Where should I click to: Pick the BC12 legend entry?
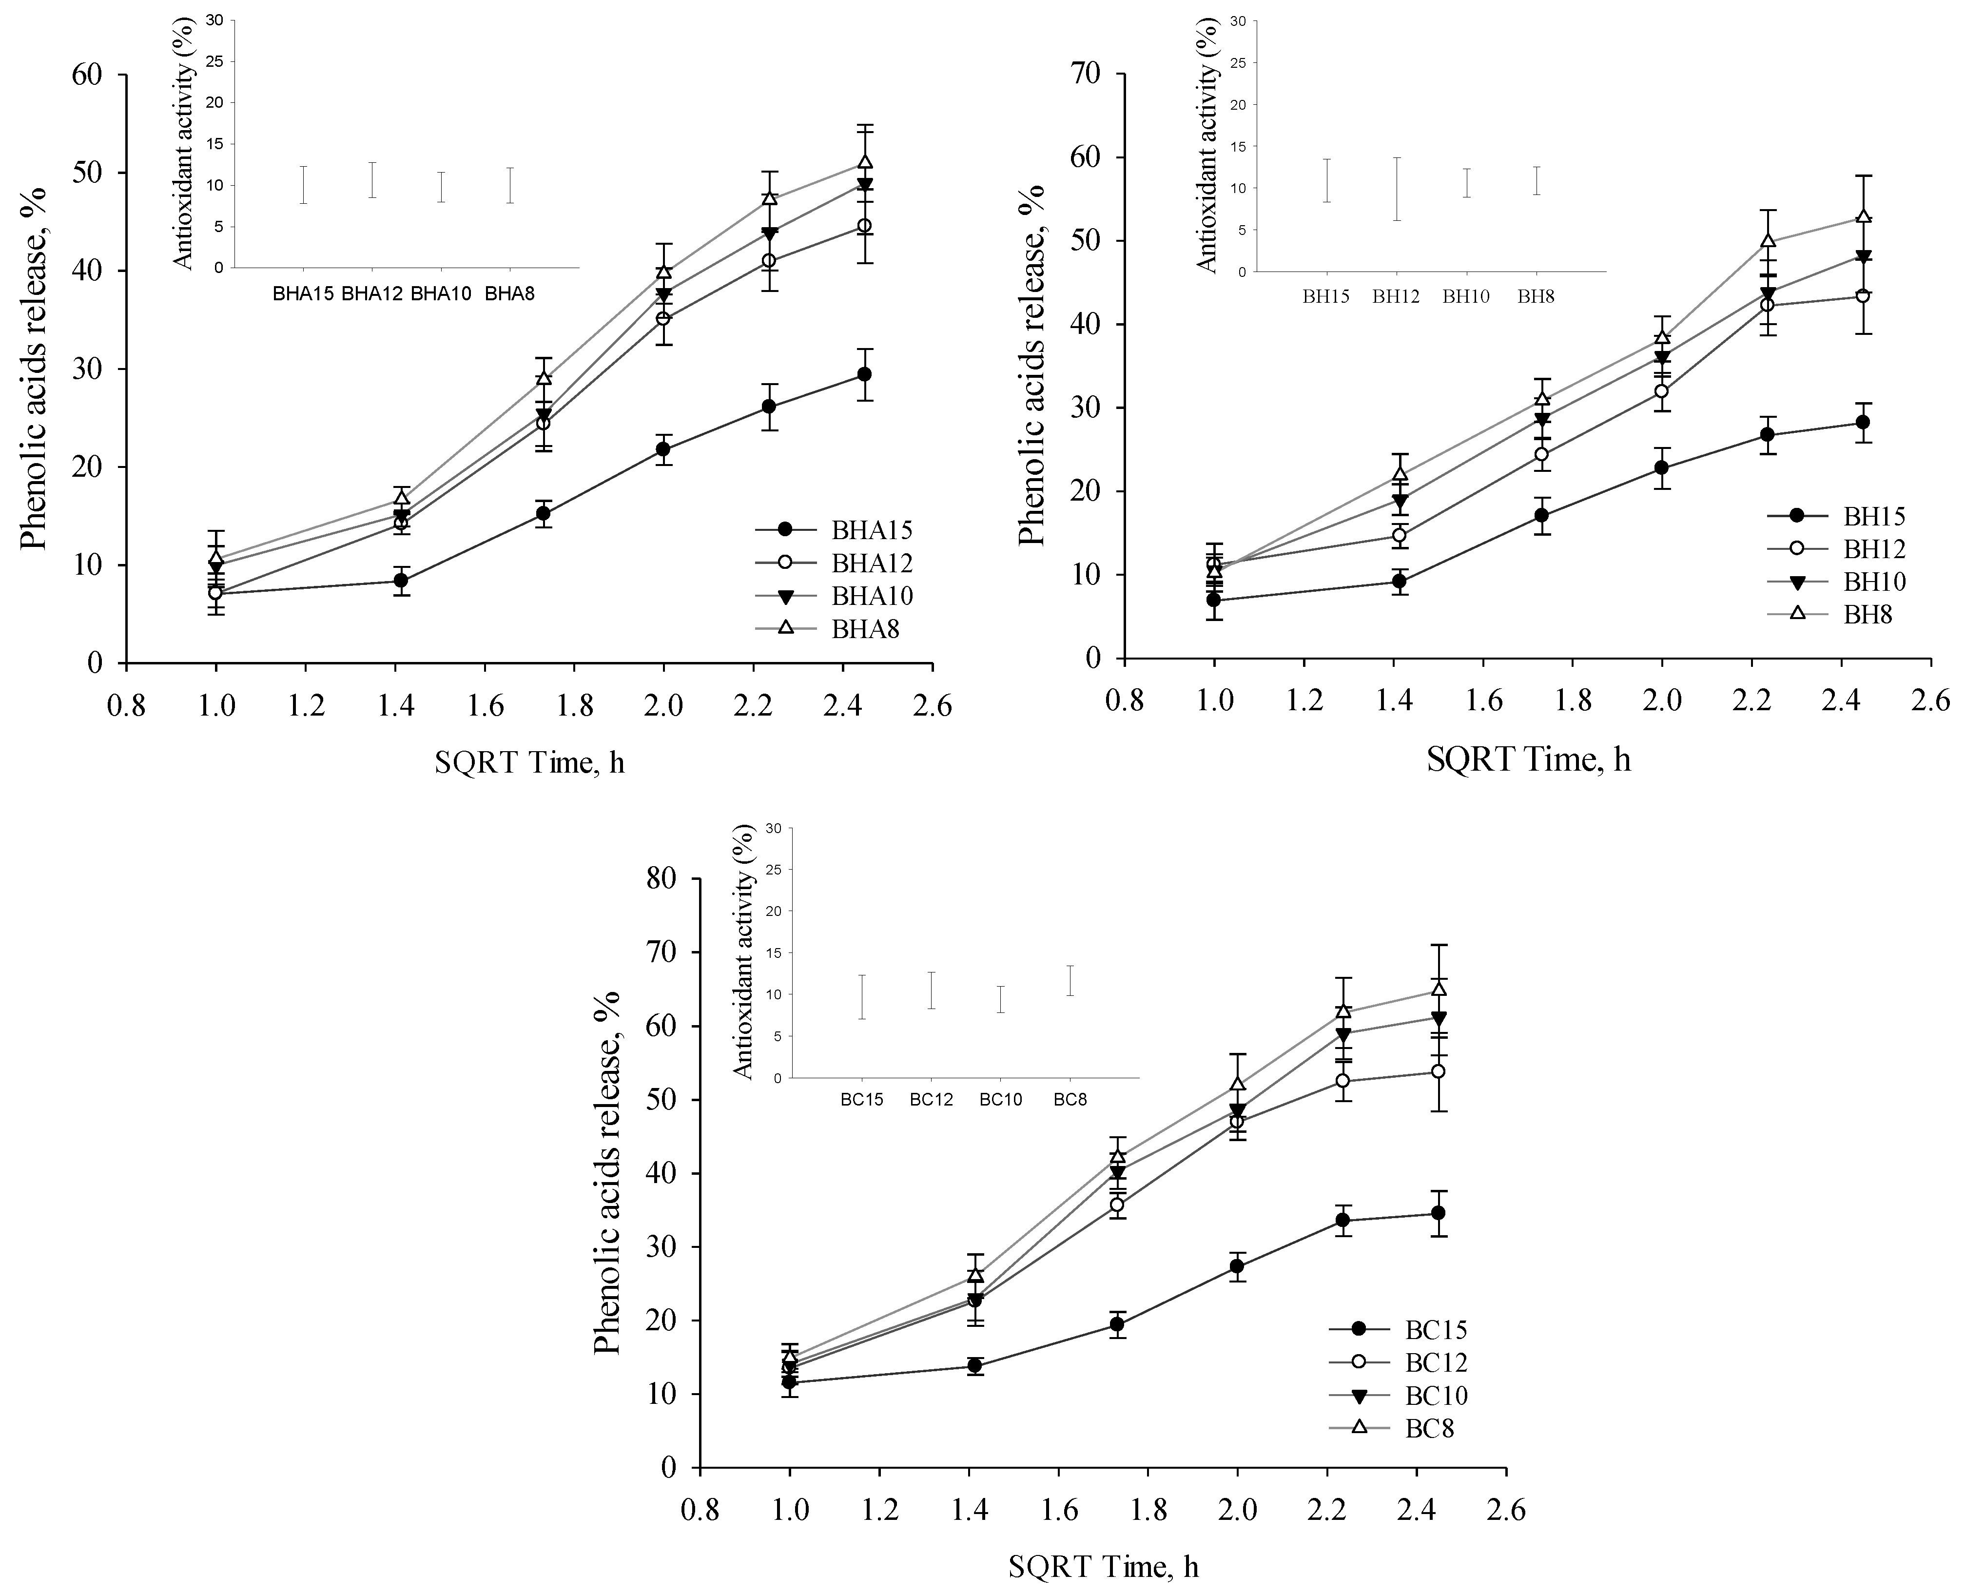1436,1362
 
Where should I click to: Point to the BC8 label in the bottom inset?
1070,1099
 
